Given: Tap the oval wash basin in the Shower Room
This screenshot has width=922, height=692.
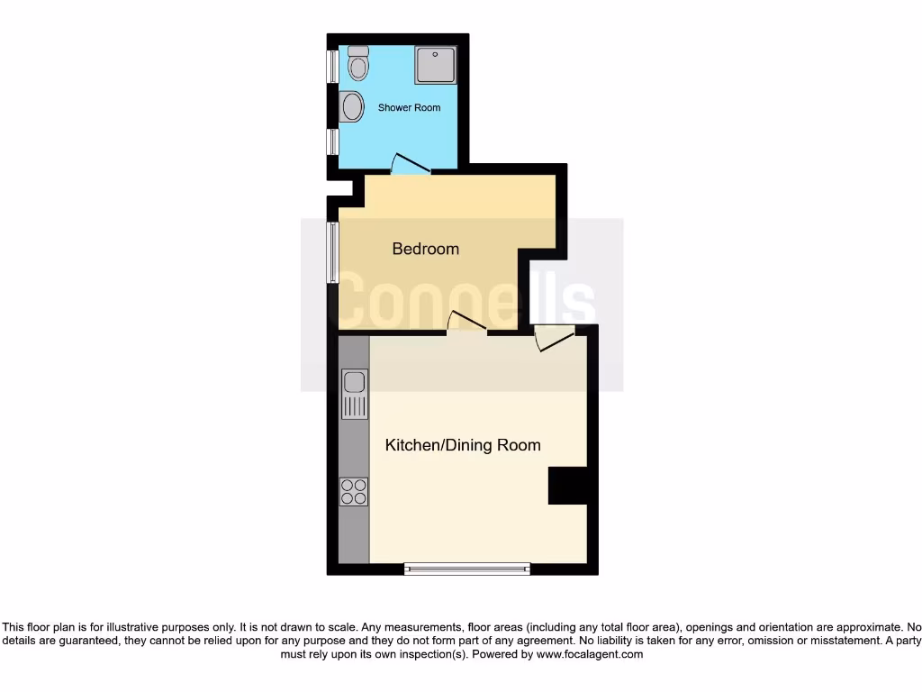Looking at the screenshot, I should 352,107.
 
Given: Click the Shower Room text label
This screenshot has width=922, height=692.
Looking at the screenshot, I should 409,107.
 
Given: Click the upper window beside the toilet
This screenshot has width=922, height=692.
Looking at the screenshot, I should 331,65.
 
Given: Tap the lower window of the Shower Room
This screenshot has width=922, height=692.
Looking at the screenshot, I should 331,141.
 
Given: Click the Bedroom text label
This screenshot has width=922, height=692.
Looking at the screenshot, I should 425,249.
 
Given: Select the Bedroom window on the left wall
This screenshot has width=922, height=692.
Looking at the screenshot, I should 332,252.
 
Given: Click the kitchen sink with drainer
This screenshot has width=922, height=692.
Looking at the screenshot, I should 355,395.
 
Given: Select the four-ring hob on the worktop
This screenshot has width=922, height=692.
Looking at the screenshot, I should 354,491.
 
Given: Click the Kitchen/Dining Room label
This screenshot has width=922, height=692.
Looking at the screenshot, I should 463,445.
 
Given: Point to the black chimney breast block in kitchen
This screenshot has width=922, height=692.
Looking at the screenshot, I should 567,486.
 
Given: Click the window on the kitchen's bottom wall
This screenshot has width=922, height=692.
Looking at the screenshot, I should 466,568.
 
